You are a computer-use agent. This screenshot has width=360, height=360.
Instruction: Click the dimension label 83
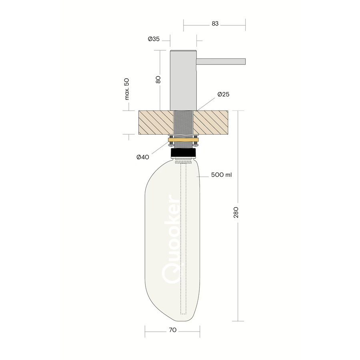tap(215, 24)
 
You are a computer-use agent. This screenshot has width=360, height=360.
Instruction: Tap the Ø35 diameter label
tap(154, 39)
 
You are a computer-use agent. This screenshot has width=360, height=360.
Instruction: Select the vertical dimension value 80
tap(158, 80)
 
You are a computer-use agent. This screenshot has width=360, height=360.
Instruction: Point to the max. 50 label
tap(127, 89)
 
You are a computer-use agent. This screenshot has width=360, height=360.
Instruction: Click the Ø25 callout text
tap(223, 94)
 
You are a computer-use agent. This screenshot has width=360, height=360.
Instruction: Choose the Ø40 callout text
tap(143, 157)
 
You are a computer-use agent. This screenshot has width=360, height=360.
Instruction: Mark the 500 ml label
tap(221, 175)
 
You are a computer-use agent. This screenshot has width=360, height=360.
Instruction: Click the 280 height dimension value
tap(236, 212)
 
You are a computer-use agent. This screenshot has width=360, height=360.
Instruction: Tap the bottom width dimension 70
tap(173, 330)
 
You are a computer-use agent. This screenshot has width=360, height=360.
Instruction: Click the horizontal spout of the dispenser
tap(221, 62)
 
